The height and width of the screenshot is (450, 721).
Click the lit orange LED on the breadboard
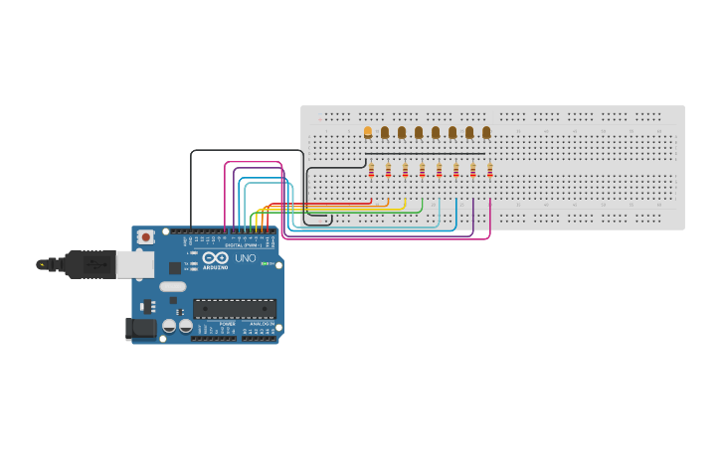click(x=368, y=131)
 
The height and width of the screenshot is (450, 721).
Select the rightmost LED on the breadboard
click(x=486, y=132)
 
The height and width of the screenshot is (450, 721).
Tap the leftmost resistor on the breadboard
click(x=371, y=170)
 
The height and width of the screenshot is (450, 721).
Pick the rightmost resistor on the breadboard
click(x=489, y=170)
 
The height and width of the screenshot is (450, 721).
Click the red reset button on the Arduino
click(x=146, y=236)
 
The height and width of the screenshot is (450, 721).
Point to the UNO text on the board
click(x=246, y=259)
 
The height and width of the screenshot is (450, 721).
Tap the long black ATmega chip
click(x=234, y=308)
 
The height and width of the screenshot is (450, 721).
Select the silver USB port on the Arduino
click(x=134, y=263)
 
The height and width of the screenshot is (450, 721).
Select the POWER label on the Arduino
click(x=228, y=324)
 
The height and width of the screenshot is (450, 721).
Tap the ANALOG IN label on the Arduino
click(x=262, y=324)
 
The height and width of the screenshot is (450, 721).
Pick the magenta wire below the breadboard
click(x=398, y=239)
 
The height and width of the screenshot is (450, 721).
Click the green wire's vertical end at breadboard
click(x=422, y=203)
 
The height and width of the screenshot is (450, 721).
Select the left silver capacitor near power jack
click(x=169, y=325)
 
